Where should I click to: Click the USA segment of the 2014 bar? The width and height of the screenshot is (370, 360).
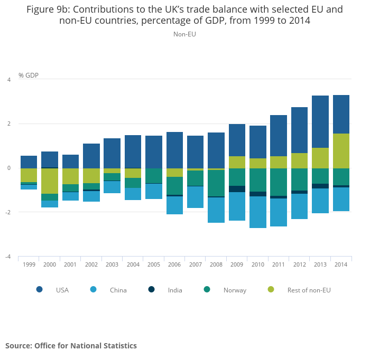click(341, 114)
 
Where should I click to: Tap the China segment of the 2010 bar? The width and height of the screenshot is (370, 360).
click(258, 212)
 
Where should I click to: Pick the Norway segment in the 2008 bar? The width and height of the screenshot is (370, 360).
click(216, 182)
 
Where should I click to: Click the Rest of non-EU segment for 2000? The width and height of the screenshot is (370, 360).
click(50, 181)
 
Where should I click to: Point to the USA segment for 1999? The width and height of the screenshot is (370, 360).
click(29, 162)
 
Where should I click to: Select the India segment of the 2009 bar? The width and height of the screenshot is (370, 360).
click(237, 189)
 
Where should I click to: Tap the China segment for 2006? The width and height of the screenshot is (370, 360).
click(174, 205)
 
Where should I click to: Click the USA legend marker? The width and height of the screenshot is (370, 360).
click(40, 289)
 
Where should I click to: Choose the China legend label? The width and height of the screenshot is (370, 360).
click(118, 290)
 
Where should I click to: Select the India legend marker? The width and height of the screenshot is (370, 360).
click(152, 289)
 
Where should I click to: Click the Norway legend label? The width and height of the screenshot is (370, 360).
click(235, 290)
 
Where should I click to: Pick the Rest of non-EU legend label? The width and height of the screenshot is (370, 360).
click(309, 290)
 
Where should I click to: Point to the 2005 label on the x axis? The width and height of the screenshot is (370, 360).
click(154, 264)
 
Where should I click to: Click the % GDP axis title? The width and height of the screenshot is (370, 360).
click(29, 75)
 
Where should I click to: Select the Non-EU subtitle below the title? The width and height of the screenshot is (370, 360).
click(185, 34)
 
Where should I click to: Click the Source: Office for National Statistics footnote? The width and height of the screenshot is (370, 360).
click(71, 346)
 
